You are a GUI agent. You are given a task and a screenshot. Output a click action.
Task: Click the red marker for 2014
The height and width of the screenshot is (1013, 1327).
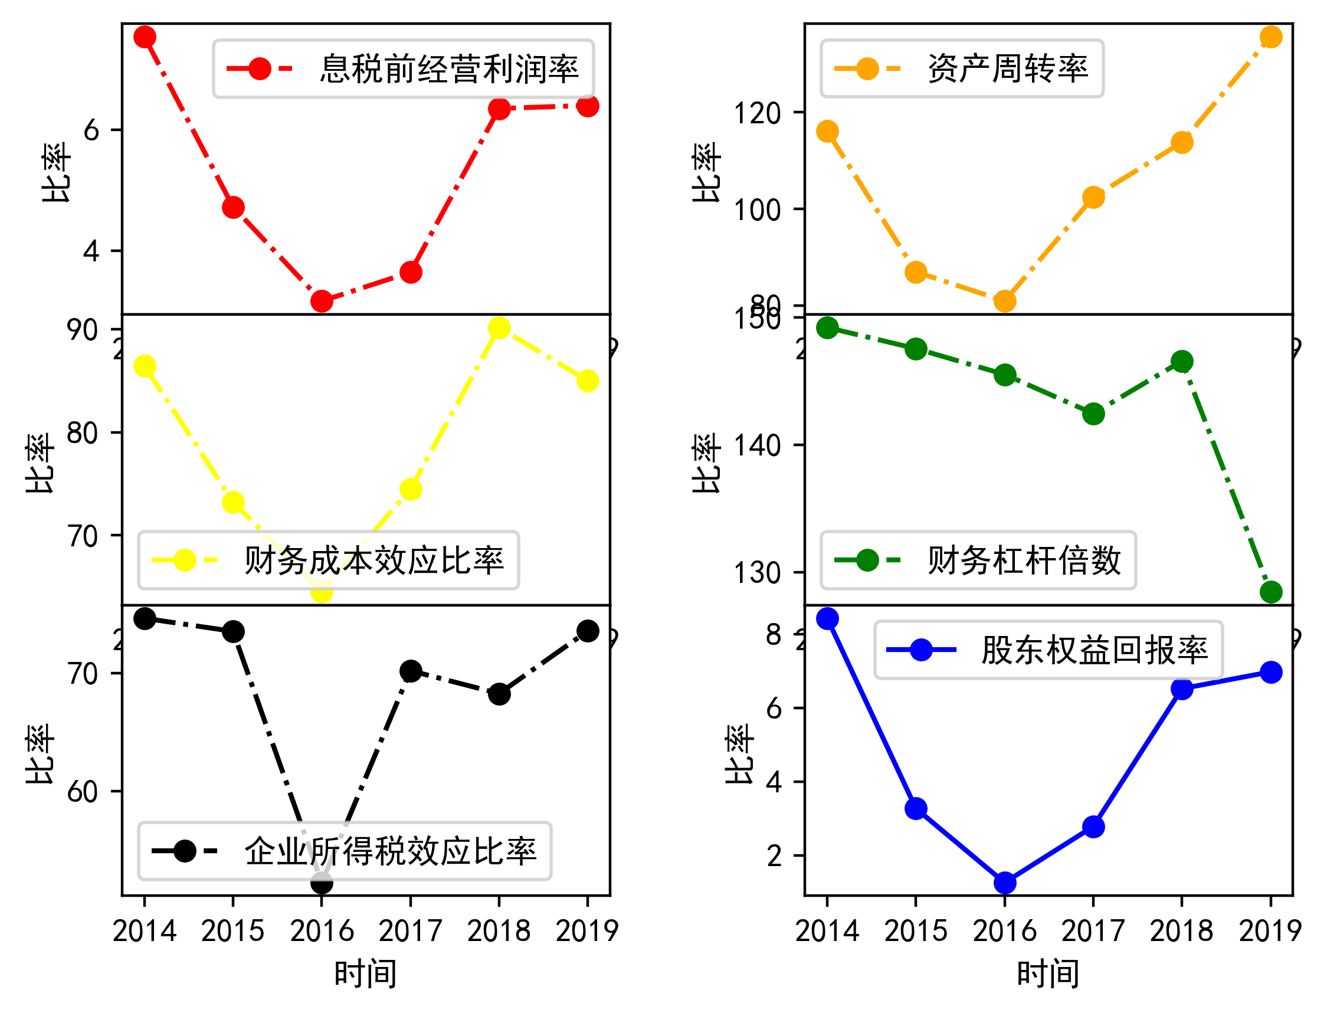point(145,37)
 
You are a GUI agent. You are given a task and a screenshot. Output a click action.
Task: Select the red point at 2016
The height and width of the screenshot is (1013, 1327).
point(322,301)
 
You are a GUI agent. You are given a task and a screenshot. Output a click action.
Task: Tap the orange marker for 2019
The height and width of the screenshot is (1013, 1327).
point(1272,37)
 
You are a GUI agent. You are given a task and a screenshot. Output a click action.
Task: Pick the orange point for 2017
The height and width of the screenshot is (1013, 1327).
point(1094,198)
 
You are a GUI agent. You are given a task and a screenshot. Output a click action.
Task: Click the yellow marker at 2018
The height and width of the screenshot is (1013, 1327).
point(499,328)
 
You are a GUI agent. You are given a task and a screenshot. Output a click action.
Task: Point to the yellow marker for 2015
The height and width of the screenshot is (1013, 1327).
point(233,503)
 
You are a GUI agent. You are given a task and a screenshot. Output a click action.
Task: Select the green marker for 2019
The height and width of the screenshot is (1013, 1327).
point(1272,592)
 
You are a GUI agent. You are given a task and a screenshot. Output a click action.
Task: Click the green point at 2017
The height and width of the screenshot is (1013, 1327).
point(1094,414)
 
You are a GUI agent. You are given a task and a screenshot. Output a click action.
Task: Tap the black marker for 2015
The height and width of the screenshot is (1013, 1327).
point(233,632)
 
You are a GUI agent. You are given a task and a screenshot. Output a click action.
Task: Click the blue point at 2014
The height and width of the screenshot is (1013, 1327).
point(827,619)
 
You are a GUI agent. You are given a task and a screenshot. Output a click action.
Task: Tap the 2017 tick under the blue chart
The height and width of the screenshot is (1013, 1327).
point(1094,932)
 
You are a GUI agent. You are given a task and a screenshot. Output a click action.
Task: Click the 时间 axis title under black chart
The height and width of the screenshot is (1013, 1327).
point(366,975)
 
